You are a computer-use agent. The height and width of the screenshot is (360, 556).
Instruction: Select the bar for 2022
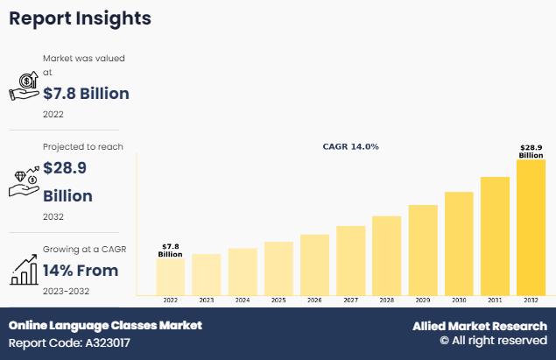point(170,276)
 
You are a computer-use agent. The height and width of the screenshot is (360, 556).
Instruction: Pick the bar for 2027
point(350,260)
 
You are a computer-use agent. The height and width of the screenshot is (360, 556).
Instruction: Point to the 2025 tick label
point(278,300)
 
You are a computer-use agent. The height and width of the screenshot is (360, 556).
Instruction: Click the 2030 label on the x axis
point(459,300)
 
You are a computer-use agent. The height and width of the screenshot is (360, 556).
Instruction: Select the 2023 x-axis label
point(206,300)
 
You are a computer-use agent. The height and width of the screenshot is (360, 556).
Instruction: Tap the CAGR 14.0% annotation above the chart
point(350,146)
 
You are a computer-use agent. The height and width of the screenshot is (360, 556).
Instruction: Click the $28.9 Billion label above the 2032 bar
point(531,151)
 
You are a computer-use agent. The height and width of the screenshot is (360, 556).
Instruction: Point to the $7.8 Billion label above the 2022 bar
point(170,251)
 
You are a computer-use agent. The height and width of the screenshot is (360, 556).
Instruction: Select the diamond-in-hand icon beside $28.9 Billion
point(25,181)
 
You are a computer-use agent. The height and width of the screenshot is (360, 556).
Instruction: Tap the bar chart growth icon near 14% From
point(25,270)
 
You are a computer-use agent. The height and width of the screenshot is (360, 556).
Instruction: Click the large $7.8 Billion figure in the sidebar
point(86,94)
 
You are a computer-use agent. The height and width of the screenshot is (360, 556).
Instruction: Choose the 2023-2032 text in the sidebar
point(66,291)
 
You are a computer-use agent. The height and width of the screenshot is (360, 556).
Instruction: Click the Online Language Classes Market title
point(105,325)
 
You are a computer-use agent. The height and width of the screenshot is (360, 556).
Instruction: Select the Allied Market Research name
point(480,326)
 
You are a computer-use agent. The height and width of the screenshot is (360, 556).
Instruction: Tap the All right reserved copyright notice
point(493,341)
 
